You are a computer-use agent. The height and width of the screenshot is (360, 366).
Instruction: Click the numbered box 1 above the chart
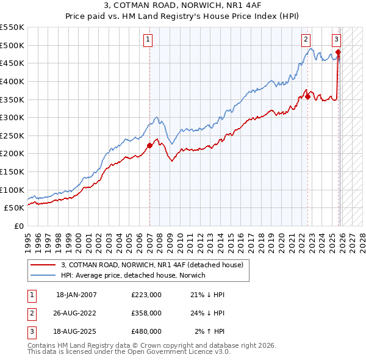pyautogui.click(x=148, y=40)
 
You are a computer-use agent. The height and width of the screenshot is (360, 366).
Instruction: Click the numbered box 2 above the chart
pyautogui.click(x=305, y=40)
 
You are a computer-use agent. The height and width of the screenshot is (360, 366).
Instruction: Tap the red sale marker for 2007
pyautogui.click(x=149, y=145)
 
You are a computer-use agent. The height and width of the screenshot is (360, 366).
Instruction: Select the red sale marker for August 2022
pyautogui.click(x=307, y=96)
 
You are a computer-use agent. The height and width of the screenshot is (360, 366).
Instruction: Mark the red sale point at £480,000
pyautogui.click(x=338, y=52)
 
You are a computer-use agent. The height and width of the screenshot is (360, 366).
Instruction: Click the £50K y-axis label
pyautogui.click(x=14, y=208)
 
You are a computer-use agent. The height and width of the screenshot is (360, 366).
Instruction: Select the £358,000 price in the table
pyautogui.click(x=146, y=313)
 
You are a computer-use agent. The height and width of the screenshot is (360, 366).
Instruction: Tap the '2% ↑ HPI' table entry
pyautogui.click(x=210, y=331)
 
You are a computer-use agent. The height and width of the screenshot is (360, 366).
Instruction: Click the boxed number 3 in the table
pyautogui.click(x=31, y=331)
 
